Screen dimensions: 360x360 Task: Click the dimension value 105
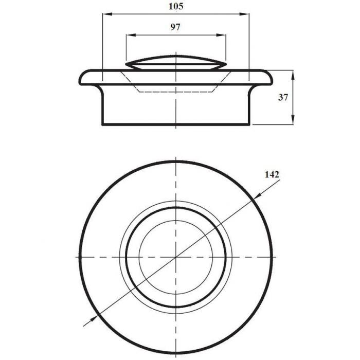(x=176, y=6)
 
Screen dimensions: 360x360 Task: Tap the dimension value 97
(x=175, y=27)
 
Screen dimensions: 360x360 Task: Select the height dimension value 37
(x=283, y=98)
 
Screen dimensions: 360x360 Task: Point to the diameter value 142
(x=272, y=174)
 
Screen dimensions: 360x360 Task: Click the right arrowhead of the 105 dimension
(x=244, y=14)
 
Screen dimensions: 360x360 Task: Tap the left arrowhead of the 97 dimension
(x=131, y=35)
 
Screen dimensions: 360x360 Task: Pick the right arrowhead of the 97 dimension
(x=221, y=35)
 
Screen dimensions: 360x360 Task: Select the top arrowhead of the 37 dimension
(x=293, y=75)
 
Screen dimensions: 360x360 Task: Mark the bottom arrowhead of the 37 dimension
(x=293, y=120)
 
